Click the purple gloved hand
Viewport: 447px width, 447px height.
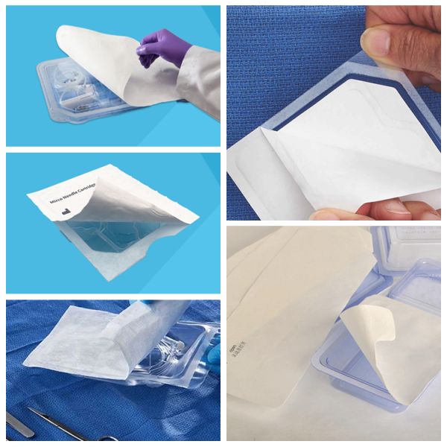click(x=160, y=46)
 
